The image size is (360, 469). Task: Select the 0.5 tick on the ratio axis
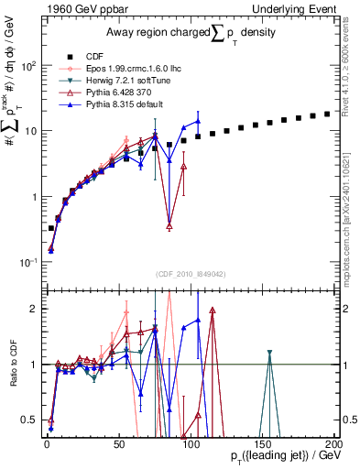(x=33, y=420)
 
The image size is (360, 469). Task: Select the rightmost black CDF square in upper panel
(x=327, y=114)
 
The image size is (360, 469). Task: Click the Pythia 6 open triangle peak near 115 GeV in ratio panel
(x=213, y=311)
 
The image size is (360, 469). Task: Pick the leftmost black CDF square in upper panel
(x=51, y=227)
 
